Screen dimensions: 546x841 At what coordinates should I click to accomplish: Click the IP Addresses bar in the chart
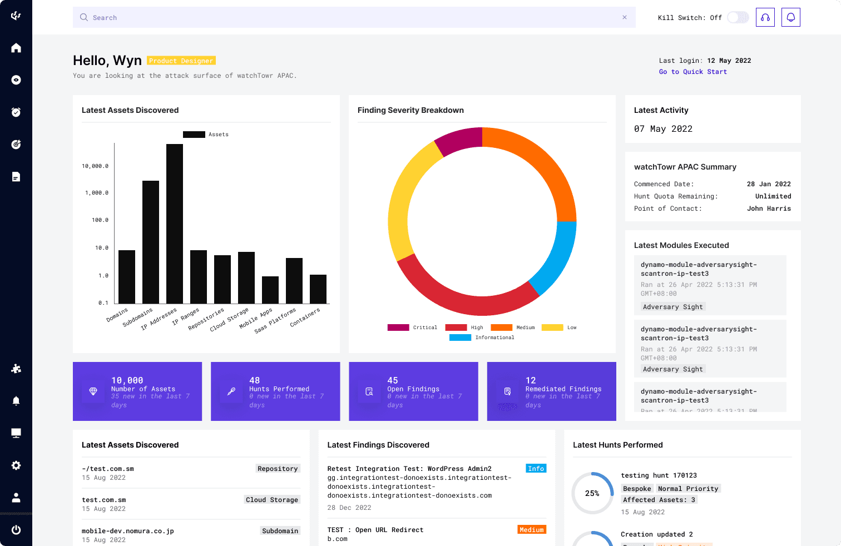(175, 224)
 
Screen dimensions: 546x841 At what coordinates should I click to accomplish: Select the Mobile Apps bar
(270, 290)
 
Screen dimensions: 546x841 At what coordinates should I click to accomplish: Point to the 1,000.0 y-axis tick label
(97, 193)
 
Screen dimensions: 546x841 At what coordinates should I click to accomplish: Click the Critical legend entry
(412, 327)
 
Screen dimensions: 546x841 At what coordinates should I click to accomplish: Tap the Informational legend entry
(482, 337)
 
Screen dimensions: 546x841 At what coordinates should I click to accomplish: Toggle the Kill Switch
(738, 18)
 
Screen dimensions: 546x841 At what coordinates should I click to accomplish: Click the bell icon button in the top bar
(790, 18)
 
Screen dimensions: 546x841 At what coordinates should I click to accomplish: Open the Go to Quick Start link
(692, 72)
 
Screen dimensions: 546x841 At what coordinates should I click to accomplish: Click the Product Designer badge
(181, 61)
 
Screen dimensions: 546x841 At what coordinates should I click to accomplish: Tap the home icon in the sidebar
(16, 48)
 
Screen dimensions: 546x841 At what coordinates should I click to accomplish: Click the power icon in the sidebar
(16, 530)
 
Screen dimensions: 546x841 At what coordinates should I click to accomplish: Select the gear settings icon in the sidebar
(16, 465)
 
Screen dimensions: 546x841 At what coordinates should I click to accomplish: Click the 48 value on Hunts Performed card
(255, 380)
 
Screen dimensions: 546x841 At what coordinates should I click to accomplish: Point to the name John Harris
(769, 209)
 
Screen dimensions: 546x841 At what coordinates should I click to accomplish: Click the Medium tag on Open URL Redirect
(531, 530)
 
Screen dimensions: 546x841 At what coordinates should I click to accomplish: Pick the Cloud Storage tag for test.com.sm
(272, 500)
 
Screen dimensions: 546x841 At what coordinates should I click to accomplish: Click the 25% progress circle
(592, 493)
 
